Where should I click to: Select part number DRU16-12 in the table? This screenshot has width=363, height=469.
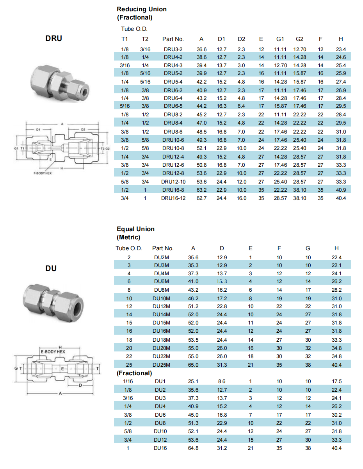click(173, 198)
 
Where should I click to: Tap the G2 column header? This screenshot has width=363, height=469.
click(299, 39)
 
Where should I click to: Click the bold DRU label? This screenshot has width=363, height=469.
click(53, 38)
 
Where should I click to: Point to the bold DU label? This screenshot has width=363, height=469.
click(51, 268)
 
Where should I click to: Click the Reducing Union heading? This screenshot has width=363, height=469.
click(141, 9)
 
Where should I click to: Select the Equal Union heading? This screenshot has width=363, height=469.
click(135, 229)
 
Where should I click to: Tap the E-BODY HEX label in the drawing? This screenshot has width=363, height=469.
click(53, 352)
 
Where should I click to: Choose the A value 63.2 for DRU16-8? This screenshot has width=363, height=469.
click(201, 190)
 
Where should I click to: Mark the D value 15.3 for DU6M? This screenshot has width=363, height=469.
click(222, 281)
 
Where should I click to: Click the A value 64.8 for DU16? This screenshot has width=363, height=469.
click(193, 448)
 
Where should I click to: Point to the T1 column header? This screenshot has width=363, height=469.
click(125, 39)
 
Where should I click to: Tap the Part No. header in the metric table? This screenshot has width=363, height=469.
click(163, 248)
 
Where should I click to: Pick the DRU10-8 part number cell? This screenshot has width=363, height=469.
click(173, 148)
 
